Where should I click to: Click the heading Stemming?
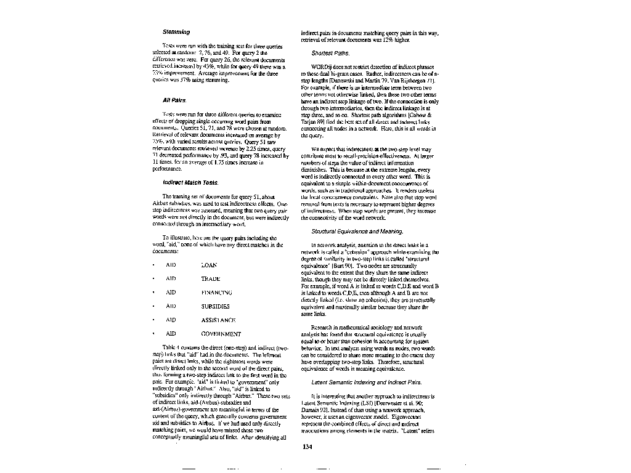click(176, 31)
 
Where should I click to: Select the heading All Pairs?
click(174, 100)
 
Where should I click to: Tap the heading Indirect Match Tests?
click(190, 182)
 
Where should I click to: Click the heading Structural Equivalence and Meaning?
click(357, 231)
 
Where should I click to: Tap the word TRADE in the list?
click(211, 279)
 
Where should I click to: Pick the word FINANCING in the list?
click(216, 293)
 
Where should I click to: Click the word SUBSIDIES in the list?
click(216, 306)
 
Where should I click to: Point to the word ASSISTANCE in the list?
click(218, 320)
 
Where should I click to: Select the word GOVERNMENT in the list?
click(221, 334)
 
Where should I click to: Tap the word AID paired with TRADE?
click(171, 279)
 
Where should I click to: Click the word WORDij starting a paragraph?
click(323, 67)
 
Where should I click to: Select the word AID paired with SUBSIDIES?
click(171, 306)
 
